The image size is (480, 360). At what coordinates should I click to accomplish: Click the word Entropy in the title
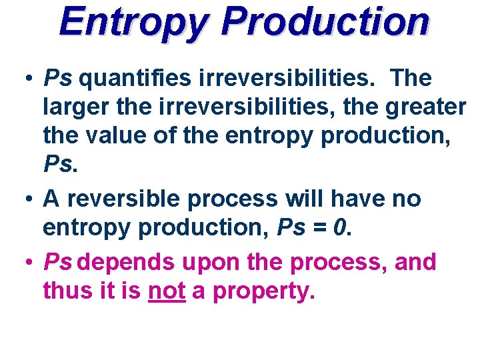133,22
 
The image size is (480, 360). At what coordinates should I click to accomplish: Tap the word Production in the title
325,22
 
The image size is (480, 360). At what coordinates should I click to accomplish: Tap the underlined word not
166,290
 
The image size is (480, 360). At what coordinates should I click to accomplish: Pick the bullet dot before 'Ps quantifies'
30,79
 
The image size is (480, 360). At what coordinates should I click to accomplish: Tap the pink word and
415,263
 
